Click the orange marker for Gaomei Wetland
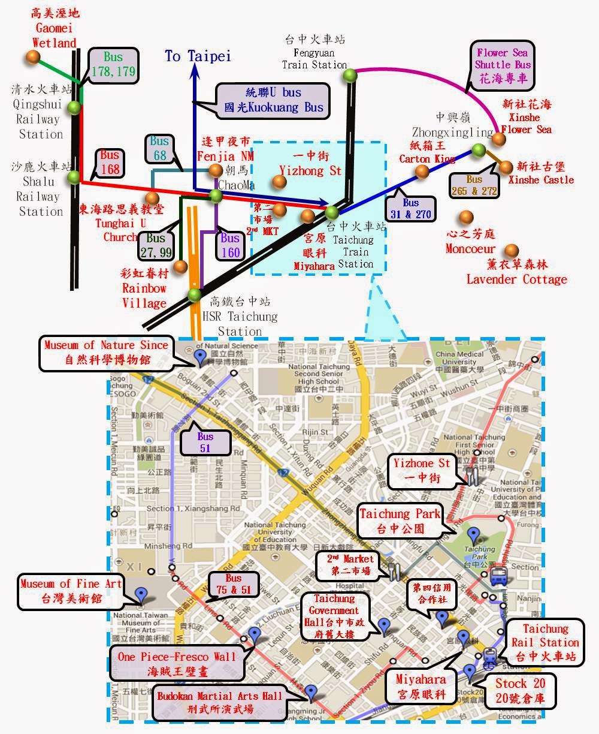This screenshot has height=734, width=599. (x=32, y=57)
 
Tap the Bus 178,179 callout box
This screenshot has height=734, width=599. (x=113, y=66)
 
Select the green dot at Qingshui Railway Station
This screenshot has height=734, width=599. (x=74, y=108)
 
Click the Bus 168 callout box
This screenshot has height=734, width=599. (x=110, y=163)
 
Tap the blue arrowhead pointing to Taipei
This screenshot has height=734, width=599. (x=195, y=70)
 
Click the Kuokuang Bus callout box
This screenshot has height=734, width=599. (x=273, y=100)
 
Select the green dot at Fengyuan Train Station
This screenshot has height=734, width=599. (x=350, y=76)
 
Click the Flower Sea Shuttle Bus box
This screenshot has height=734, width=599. (x=504, y=64)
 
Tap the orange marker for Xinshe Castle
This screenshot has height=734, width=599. (x=507, y=167)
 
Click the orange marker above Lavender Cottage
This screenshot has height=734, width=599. (x=511, y=250)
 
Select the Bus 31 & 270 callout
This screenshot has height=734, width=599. (x=411, y=208)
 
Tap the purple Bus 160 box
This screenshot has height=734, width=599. (x=230, y=245)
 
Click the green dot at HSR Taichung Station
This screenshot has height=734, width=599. (x=193, y=294)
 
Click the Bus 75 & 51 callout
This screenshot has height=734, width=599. (x=234, y=584)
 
